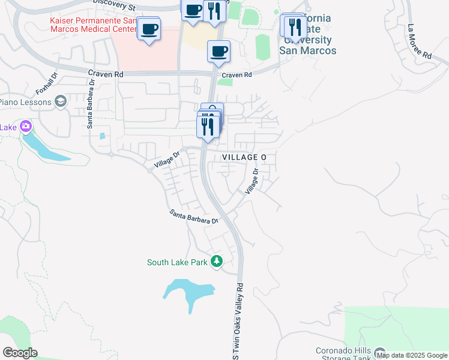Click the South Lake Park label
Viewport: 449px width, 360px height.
(177, 262)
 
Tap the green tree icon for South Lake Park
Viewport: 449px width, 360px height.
(217, 262)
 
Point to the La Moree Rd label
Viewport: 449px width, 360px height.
(420, 42)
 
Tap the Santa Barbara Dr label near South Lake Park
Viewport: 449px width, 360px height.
(193, 217)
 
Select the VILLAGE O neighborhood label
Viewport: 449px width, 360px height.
(244, 157)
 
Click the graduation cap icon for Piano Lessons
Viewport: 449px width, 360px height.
(60, 102)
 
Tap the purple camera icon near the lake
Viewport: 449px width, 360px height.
(26, 127)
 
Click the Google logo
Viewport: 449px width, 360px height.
(20, 353)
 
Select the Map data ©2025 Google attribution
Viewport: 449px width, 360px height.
(412, 355)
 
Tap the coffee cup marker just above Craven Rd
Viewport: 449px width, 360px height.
(219, 51)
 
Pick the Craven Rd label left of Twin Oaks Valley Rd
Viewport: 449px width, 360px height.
(105, 74)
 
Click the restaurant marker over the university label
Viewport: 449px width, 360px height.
(295, 27)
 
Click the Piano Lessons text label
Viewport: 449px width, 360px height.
(25, 102)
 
